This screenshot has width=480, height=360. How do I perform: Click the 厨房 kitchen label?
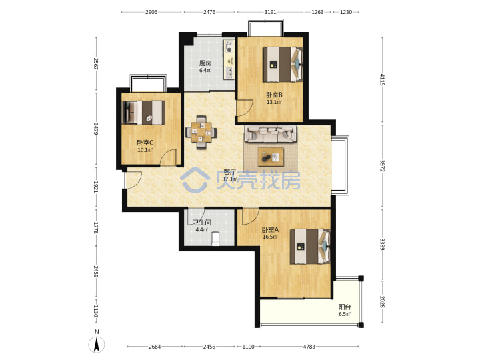pos(205,63)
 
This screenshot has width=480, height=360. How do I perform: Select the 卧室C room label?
pos(145,143)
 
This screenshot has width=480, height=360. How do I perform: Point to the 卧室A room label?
pos(270,229)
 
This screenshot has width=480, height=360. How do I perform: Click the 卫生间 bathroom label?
pos(202,223)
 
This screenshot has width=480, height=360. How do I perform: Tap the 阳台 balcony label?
pos(345,307)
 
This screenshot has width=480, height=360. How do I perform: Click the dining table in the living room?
pos(201,132)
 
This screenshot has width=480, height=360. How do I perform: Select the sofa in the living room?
pos(270,134)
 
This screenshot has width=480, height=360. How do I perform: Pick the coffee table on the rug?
pos(271,157)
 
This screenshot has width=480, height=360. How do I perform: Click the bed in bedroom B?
pos(283,64)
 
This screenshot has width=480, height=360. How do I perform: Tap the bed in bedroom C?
pos(143,113)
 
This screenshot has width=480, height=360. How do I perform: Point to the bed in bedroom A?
pos(310,247)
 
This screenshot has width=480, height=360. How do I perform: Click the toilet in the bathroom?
pos(216,239)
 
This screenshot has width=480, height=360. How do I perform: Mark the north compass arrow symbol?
pos(97,345)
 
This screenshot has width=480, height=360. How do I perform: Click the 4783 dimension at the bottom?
pos(309,347)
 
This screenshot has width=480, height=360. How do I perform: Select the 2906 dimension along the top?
pos(151,12)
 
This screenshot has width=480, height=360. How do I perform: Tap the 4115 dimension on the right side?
pos(382,79)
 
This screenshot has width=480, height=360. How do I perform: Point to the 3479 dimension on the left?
pos(96,129)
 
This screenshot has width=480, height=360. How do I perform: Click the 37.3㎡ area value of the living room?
pos(229,179)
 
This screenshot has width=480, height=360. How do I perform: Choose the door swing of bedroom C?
pos(169,157)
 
